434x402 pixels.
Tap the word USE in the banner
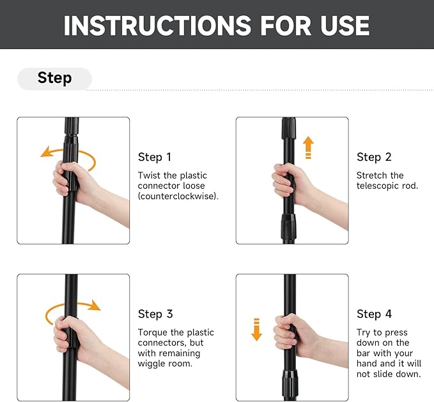pyautogui.click(x=345, y=26)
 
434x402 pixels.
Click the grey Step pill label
pyautogui.click(x=54, y=78)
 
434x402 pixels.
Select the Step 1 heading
pyautogui.click(x=155, y=157)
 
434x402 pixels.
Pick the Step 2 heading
pyautogui.click(x=374, y=157)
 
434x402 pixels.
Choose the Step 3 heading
pyautogui.click(x=155, y=314)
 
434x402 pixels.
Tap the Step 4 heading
pyautogui.click(x=374, y=314)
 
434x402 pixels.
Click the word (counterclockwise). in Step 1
pyautogui.click(x=178, y=196)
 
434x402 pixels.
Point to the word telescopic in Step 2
pyautogui.click(x=378, y=186)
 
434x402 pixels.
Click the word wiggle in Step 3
pyautogui.click(x=151, y=364)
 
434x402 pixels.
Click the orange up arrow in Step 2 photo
pyautogui.click(x=308, y=147)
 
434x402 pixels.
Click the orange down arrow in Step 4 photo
pyautogui.click(x=256, y=330)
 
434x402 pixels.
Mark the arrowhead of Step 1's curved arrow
pyautogui.click(x=45, y=152)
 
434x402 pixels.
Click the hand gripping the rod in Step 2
pyautogui.click(x=293, y=184)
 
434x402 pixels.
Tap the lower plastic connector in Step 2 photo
pyautogui.click(x=289, y=227)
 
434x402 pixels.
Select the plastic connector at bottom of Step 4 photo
pyautogui.click(x=290, y=385)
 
